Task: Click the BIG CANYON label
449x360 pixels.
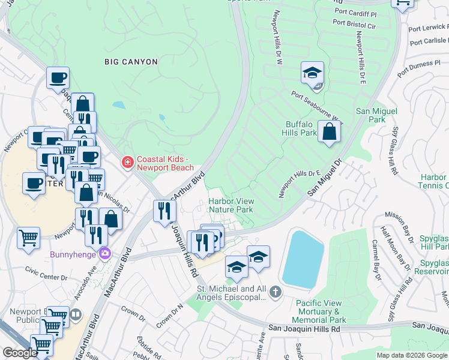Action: pos(131,62)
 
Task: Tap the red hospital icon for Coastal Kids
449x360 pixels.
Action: pos(127,163)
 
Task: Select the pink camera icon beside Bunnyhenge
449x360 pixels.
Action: pos(106,253)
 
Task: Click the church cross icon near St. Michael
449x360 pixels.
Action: pos(275,293)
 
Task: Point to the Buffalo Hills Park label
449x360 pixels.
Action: pos(301,128)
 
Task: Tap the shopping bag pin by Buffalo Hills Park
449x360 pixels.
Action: pos(330,132)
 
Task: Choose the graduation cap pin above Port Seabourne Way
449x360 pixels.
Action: pos(312,73)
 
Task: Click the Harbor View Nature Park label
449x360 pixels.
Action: pos(231,205)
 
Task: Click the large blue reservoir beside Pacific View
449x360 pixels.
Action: pos(303,257)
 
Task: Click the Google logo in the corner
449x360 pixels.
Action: pos(20,353)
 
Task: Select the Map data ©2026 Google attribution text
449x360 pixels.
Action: pos(412,355)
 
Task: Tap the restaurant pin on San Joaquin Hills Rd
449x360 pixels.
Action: pos(163,211)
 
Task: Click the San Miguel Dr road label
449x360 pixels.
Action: pos(324,176)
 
